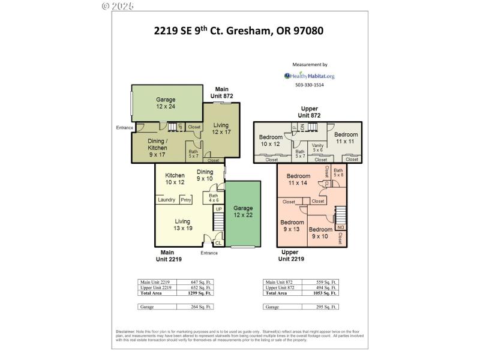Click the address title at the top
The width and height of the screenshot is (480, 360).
pos(239,30)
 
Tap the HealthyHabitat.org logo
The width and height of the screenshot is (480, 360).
pos(309,76)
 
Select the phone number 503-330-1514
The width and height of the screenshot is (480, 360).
pos(309,85)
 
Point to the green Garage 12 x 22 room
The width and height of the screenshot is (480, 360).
pos(243,211)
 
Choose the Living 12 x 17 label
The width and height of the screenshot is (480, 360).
pos(221,128)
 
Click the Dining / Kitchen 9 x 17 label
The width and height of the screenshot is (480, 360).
pos(157,148)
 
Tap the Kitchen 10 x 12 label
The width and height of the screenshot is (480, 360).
pos(175,178)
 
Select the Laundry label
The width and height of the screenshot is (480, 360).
pos(166,200)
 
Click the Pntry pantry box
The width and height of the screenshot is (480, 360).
pos(185,200)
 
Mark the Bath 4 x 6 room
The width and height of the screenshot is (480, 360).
pos(213,198)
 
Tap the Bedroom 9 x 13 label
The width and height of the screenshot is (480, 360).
pos(292,225)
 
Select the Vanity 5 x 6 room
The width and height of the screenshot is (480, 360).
pos(317,148)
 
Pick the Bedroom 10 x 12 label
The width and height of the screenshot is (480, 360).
pos(271,140)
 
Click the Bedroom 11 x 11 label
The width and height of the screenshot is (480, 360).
pos(346,138)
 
